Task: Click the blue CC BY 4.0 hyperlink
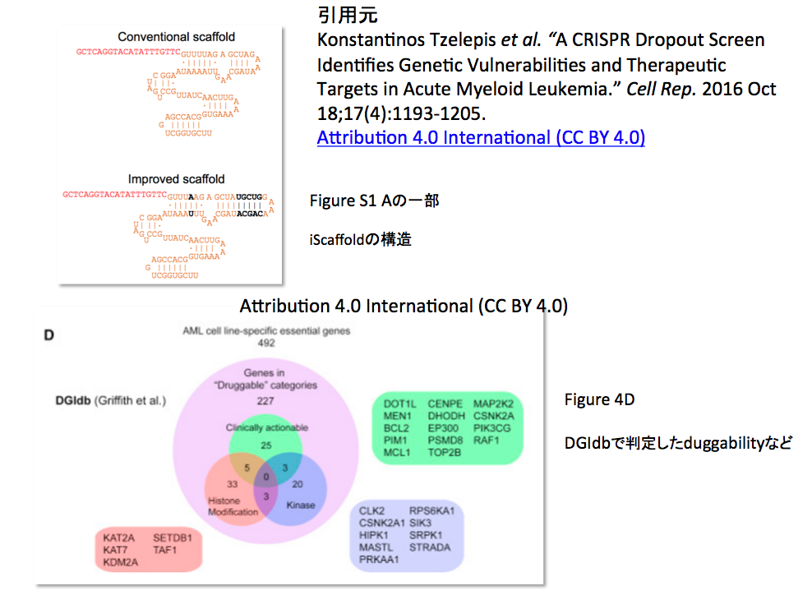pos(481,137)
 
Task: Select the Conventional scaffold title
pos(176,37)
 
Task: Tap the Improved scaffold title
pos(176,179)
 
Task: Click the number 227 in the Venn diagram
pos(265,401)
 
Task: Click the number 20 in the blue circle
pos(298,484)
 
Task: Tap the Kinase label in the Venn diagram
pos(300,505)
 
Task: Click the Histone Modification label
pos(233,506)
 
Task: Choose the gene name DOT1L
pos(400,404)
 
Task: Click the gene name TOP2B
pos(444,452)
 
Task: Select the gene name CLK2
pos(371,510)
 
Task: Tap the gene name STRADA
pos(430,547)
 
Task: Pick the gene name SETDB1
pos(172,538)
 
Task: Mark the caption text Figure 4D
pos(599,400)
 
